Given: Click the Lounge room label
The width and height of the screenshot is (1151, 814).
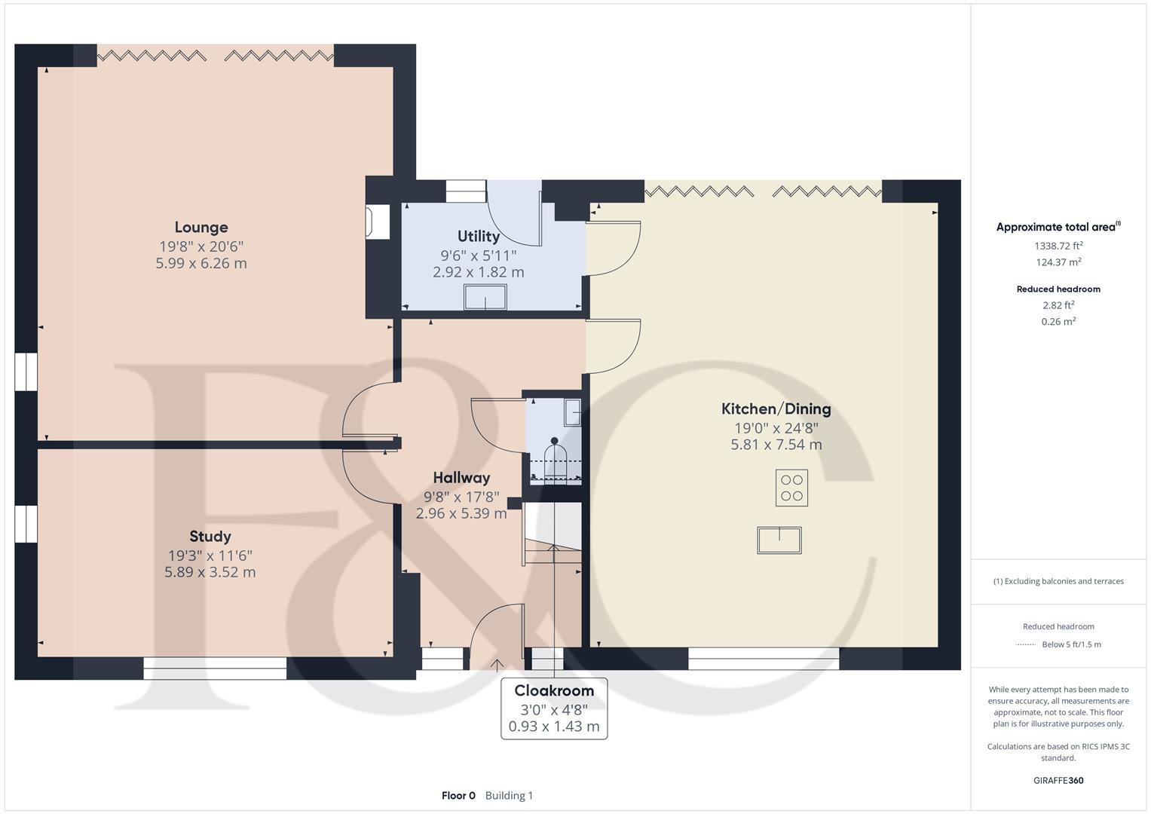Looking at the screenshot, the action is tap(201, 227).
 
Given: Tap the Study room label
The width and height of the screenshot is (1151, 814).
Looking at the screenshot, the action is tap(210, 537).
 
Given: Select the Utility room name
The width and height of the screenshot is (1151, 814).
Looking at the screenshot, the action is tap(479, 237).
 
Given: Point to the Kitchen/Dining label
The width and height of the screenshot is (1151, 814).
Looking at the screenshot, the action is tap(776, 409).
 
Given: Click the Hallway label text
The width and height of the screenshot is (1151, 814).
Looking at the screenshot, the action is tap(461, 478).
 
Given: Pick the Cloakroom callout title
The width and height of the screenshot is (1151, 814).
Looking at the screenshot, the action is tap(554, 690).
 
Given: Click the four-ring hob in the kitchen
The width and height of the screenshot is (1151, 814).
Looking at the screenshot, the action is tap(791, 488).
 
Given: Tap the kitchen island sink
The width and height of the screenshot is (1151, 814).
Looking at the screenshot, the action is tap(779, 540).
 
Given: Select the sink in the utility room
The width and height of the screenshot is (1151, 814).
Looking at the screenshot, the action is tap(485, 297).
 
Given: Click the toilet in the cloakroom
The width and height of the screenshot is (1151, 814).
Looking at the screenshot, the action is tap(555, 459).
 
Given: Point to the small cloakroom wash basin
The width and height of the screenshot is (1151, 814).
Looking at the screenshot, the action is tap(572, 412).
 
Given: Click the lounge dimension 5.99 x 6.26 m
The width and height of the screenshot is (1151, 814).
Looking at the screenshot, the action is tap(201, 263).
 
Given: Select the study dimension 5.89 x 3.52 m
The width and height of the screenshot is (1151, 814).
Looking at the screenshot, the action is tap(210, 572).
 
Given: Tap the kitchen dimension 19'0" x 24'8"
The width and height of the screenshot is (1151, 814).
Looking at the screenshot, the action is tap(776, 427).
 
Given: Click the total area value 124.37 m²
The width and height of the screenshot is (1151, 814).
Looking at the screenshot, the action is tap(1058, 262).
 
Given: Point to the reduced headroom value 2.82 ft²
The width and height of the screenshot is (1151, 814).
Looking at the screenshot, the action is tap(1058, 305).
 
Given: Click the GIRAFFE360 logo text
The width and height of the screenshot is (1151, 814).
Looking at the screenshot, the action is tap(1058, 780).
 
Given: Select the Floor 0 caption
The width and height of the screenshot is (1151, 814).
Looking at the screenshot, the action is tap(458, 795).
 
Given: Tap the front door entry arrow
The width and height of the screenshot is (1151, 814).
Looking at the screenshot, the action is tap(497, 666).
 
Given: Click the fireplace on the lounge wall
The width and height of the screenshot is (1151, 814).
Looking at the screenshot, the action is tap(377, 222).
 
